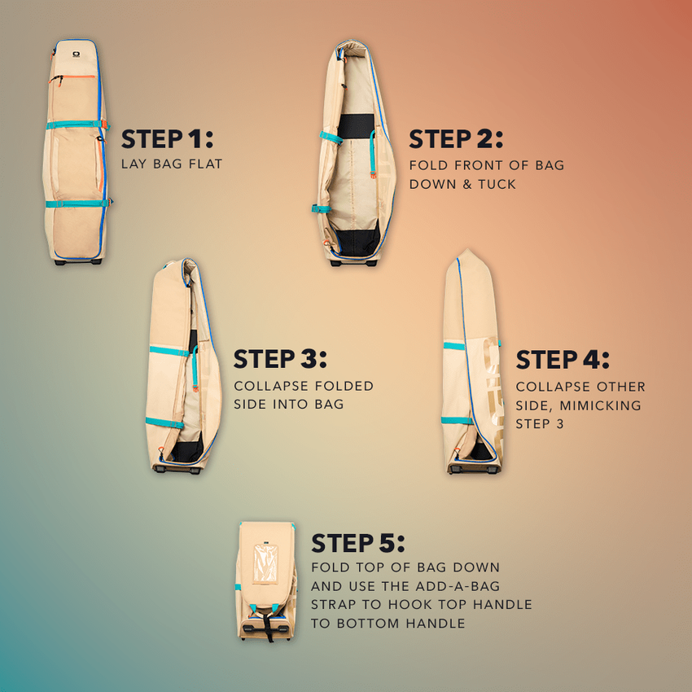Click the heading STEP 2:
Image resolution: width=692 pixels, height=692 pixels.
(x=456, y=139)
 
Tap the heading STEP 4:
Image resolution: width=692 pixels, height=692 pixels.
(x=563, y=359)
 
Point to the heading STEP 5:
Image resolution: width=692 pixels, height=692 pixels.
(x=358, y=543)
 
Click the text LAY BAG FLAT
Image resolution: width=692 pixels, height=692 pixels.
(x=172, y=164)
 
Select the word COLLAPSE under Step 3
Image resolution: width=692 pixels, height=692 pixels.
(x=269, y=385)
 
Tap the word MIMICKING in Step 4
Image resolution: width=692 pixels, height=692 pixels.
(x=602, y=405)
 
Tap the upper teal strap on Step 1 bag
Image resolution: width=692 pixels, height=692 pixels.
(x=76, y=125)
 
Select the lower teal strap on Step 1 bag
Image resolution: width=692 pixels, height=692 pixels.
(x=76, y=204)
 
